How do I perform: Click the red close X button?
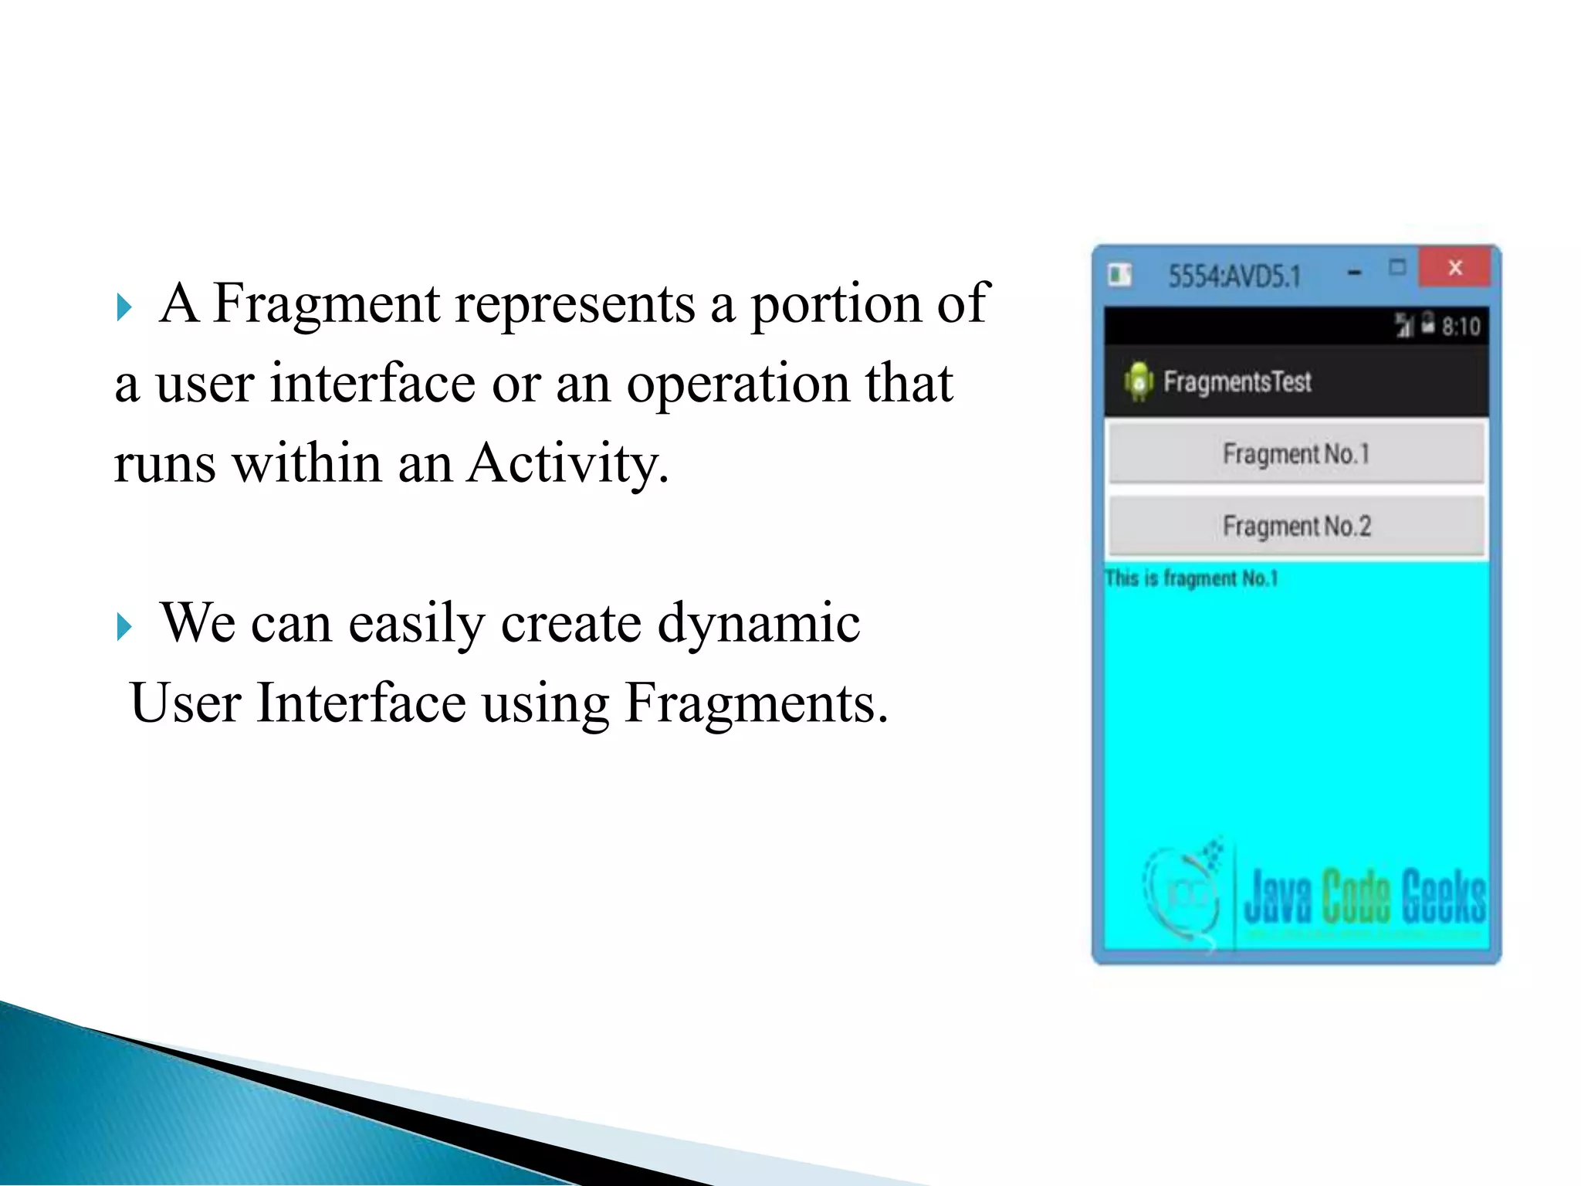[x=1455, y=268]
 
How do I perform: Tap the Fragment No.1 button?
[x=1296, y=453]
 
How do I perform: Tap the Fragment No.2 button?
[x=1296, y=526]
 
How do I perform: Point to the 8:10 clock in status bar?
[x=1461, y=327]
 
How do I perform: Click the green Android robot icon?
[x=1139, y=381]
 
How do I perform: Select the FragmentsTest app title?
[x=1237, y=381]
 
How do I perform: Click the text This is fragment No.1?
[x=1191, y=578]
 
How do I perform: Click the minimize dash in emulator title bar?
[x=1354, y=273]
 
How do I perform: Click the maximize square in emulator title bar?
[x=1397, y=267]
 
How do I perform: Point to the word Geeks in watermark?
[x=1442, y=896]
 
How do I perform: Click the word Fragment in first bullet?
[x=326, y=304]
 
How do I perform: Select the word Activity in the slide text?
[x=567, y=465]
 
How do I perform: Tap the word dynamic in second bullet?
[x=758, y=624]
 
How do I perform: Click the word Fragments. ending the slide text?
[x=756, y=703]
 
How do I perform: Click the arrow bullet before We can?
[x=124, y=626]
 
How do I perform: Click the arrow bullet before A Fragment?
[x=124, y=307]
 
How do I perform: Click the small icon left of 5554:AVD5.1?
[x=1119, y=274]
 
